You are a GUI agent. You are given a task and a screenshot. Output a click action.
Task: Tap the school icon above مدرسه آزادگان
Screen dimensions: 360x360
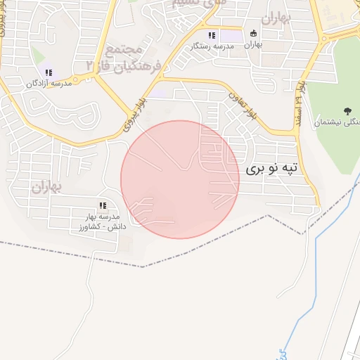[x=49, y=72]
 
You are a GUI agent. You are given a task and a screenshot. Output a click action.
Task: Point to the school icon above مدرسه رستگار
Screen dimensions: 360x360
[x=210, y=35]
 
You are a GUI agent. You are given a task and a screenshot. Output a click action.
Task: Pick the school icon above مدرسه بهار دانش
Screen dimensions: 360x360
[x=103, y=205]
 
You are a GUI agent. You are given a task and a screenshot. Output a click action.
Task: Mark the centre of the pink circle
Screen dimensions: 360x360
[x=180, y=179]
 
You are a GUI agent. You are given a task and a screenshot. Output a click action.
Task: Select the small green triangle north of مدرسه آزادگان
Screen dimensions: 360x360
[x=37, y=56]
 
